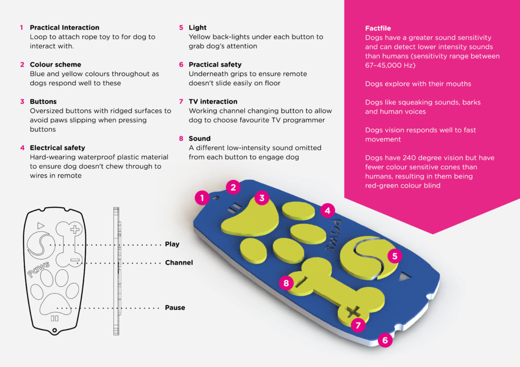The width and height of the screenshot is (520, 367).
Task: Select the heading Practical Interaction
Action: pos(64,27)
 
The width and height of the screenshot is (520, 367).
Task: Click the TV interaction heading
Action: pos(213,101)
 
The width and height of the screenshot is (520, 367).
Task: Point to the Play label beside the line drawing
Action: pos(172,244)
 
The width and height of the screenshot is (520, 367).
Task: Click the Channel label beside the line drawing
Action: pos(179,263)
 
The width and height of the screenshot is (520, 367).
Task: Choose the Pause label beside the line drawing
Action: pos(175,308)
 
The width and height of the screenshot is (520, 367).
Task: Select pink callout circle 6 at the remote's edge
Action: pos(385,340)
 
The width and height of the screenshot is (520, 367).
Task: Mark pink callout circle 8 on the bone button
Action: pos(286,283)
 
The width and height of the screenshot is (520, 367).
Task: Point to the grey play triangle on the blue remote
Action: pos(405,277)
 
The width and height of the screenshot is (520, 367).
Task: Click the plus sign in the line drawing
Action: pos(75,229)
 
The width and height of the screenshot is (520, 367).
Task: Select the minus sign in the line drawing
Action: pos(75,261)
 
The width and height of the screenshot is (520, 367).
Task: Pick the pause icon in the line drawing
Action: pos(54,318)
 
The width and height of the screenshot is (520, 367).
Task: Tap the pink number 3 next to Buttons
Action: pos(22,101)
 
